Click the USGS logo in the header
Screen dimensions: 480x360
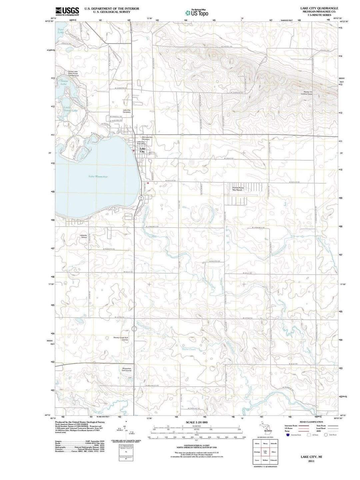(67, 11)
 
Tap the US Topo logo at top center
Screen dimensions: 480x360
(197, 12)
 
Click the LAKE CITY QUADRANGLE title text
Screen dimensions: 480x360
(319, 8)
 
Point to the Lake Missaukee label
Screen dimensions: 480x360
(98, 176)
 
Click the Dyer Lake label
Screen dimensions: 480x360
(61, 31)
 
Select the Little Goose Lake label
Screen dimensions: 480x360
(70, 109)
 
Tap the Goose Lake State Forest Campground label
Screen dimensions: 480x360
(73, 74)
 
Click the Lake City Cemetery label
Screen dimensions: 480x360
(127, 111)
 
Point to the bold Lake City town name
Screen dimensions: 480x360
(143, 150)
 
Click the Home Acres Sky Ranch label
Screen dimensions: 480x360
(238, 189)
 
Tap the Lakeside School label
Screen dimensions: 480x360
(83, 236)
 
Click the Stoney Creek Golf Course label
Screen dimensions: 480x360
(121, 338)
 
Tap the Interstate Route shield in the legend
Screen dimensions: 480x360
(288, 435)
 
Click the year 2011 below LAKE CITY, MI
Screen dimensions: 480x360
(311, 461)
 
